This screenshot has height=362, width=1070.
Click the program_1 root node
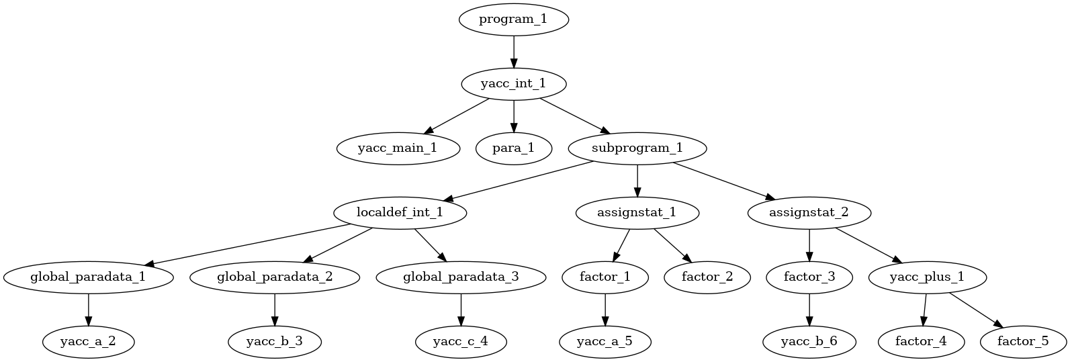tap(513, 19)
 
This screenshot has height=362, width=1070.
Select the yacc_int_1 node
tap(513, 84)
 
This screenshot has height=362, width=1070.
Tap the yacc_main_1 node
tap(398, 148)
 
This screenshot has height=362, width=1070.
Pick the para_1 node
tap(513, 148)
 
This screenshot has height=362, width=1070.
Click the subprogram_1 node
tap(637, 148)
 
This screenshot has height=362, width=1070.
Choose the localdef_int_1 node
tap(399, 213)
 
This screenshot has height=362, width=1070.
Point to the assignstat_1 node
tap(637, 213)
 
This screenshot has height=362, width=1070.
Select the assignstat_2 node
tap(809, 213)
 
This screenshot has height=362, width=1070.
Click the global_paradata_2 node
tap(274, 277)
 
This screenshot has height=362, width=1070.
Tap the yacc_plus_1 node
tap(928, 277)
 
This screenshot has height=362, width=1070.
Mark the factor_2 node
tap(707, 277)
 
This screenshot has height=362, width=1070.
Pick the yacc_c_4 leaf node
tap(460, 342)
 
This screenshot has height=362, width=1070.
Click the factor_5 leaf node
tap(1022, 342)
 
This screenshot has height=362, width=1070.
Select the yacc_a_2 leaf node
tap(88, 342)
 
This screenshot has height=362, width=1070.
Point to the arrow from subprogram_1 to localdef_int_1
tap(517, 181)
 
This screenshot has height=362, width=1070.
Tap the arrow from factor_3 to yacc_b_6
tap(809, 310)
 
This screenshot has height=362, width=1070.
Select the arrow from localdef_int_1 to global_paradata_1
tap(249, 244)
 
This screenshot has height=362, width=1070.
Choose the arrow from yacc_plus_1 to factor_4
tap(924, 310)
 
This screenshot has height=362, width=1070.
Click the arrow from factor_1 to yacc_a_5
tap(605, 310)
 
